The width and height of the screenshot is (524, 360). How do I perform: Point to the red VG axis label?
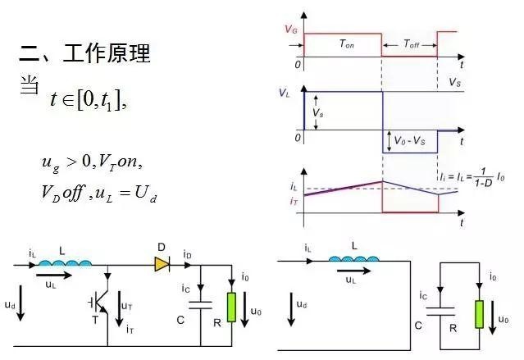(291, 29)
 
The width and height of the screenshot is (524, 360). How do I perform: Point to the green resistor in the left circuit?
(232, 306)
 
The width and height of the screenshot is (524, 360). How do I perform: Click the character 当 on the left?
(30, 85)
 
